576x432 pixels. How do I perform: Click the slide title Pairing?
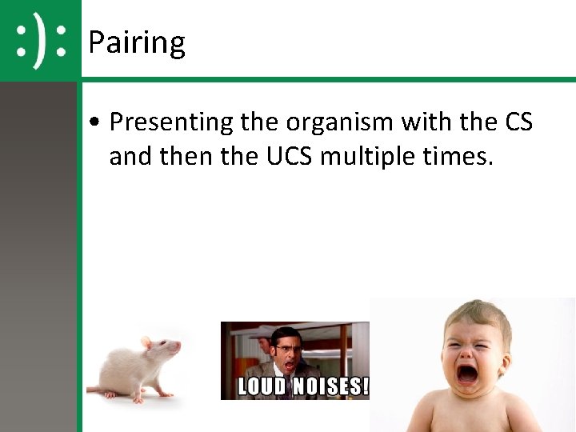click(136, 42)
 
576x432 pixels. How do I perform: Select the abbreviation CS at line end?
click(518, 122)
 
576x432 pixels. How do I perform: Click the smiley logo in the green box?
click(41, 40)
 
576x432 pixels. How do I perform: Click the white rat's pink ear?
click(146, 343)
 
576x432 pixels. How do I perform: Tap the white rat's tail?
click(100, 391)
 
